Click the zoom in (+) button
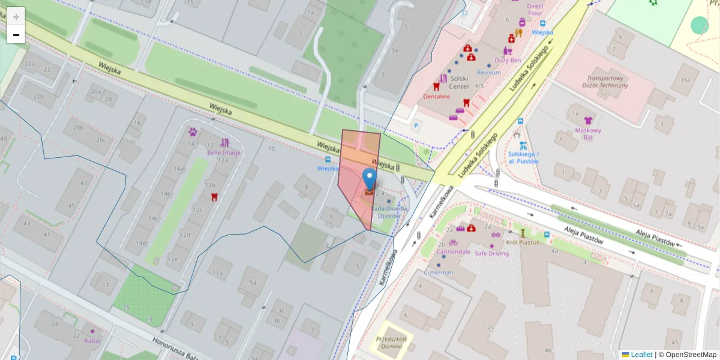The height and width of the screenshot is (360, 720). point(16,17)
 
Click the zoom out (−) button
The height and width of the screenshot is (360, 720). point(16,35)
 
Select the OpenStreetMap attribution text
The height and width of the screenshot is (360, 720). point(687,355)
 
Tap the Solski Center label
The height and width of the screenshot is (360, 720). point(459,82)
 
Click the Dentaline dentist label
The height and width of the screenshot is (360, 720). point(436,96)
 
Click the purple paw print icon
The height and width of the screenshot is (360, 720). point(193,131)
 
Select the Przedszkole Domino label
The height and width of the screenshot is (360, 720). point(393,343)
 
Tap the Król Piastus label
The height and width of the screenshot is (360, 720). point(522,242)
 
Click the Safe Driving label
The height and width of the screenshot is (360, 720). point(491,253)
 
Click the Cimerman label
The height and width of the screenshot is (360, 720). point(439,272)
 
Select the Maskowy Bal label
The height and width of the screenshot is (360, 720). point(588,133)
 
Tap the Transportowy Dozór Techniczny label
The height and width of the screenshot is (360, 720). point(607,82)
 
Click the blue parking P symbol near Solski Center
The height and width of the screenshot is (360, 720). point(416,126)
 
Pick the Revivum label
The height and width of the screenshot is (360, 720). point(488,73)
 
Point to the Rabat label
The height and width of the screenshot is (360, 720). point(92,341)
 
